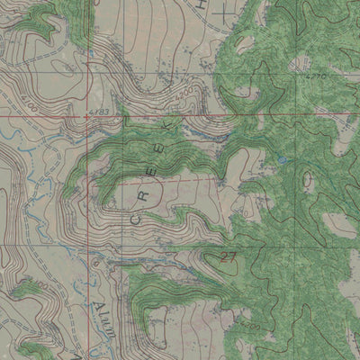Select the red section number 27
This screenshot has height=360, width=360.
pyautogui.click(x=227, y=258)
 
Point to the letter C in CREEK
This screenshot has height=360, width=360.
pyautogui.click(x=136, y=217)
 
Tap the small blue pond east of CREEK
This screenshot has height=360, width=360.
pyautogui.click(x=282, y=160)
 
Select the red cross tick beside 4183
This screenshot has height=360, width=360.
pyautogui.click(x=86, y=116)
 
